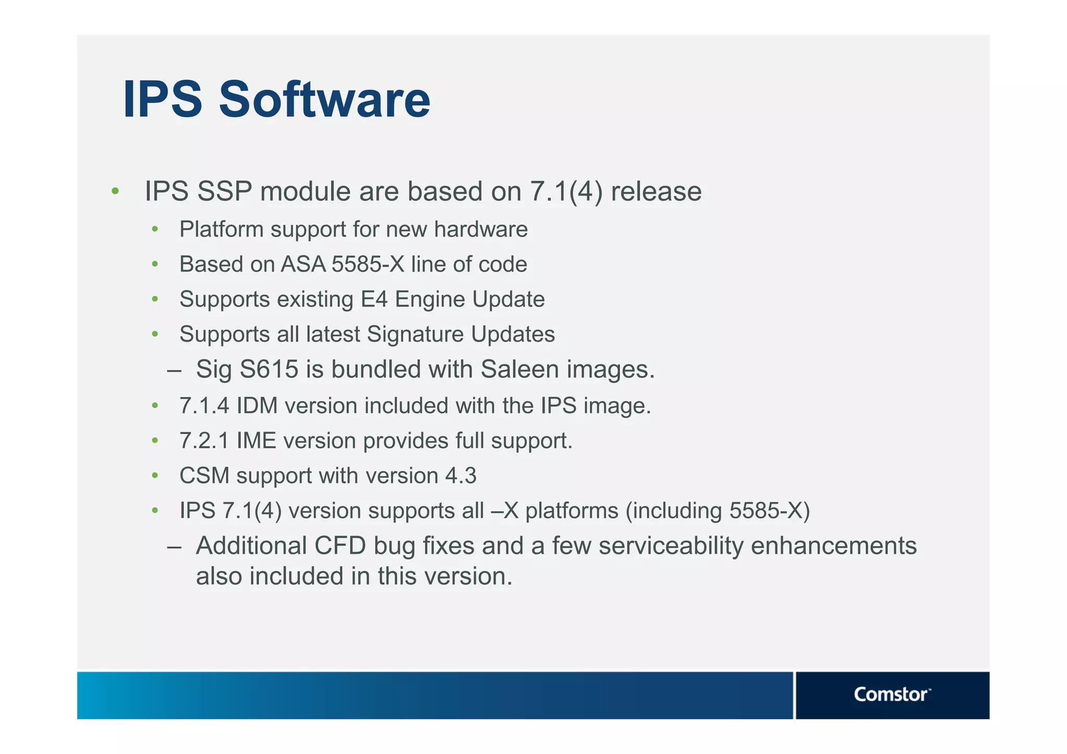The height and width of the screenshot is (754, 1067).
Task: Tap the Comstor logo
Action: pos(891,695)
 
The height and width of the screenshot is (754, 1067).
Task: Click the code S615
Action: pos(269,369)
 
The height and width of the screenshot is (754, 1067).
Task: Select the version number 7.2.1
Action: pos(204,441)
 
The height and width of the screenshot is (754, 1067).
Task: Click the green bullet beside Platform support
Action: pos(155,229)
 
